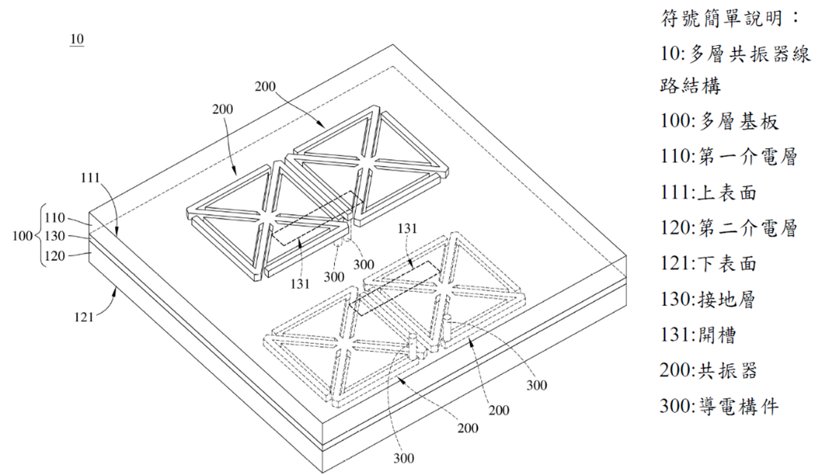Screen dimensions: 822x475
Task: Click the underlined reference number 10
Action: (x=76, y=39)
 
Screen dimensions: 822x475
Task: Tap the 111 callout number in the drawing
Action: (x=90, y=178)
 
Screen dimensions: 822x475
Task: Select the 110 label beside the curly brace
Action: (x=55, y=218)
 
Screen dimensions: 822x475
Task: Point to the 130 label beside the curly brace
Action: (x=55, y=236)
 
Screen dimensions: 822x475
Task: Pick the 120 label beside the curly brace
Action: (x=55, y=256)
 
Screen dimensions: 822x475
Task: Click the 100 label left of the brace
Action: (x=22, y=236)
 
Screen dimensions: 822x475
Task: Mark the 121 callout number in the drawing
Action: (x=84, y=316)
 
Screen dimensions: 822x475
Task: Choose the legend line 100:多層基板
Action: (x=719, y=121)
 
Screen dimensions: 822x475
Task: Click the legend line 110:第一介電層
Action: (x=729, y=156)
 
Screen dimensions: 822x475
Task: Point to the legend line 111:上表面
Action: (x=709, y=193)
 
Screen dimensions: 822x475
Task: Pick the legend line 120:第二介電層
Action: (x=729, y=227)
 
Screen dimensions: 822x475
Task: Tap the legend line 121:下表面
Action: (x=709, y=263)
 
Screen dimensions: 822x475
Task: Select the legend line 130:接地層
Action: (x=708, y=299)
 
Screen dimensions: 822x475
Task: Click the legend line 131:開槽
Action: (x=698, y=334)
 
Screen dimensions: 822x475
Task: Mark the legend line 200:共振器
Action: (x=709, y=370)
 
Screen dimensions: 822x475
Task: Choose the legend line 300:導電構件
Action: (x=719, y=406)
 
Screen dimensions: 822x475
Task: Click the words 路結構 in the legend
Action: (x=690, y=85)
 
